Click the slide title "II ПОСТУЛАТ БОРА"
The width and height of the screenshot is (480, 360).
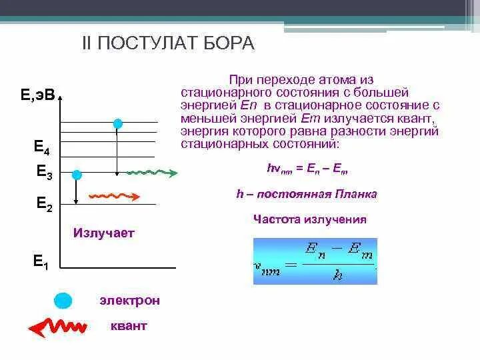pos(167,44)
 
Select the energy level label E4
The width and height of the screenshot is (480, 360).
pos(42,147)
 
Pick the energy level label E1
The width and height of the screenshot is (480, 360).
pos(41,261)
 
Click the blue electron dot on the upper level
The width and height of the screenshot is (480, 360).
pos(118,123)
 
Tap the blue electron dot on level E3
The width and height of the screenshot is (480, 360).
pos(77,175)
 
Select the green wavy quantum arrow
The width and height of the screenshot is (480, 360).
pos(151,173)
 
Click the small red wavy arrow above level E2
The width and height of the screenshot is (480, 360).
pos(114,196)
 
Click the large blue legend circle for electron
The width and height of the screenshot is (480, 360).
pos(63,300)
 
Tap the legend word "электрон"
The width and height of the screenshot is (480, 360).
pos(130,301)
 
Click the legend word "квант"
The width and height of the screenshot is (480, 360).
pos(129,327)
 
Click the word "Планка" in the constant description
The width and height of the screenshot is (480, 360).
pos(355,195)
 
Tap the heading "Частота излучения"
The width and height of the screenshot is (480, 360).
pos(310,219)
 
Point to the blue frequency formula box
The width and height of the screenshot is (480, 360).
pos(315,261)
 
